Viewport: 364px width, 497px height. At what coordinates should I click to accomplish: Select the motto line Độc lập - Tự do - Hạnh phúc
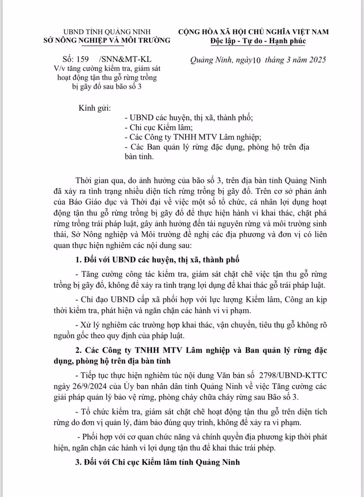pyautogui.click(x=258, y=40)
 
